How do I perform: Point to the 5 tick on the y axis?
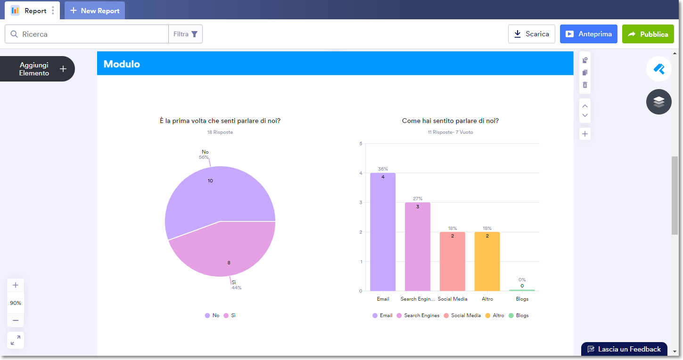point(361,144)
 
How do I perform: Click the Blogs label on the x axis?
point(522,299)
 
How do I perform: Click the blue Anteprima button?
point(588,34)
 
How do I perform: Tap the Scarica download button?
point(532,34)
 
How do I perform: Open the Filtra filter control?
point(185,34)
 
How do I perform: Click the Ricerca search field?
point(90,34)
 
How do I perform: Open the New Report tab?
point(95,10)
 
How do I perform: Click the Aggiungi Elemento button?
point(38,69)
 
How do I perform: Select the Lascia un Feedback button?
point(624,349)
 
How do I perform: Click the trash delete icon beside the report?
point(585,85)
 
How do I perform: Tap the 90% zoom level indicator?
point(16,303)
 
